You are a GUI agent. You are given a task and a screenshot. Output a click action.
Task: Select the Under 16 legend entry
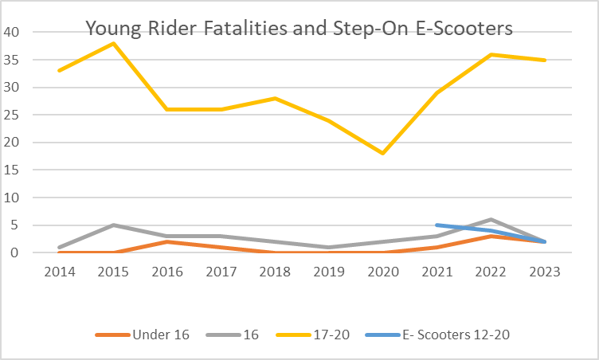[x=143, y=335]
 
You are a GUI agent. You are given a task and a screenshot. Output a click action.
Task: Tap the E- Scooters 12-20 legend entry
[x=437, y=335]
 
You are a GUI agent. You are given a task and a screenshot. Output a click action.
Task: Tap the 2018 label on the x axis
[x=275, y=271]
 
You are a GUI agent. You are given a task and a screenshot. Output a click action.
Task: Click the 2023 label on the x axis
[x=545, y=271]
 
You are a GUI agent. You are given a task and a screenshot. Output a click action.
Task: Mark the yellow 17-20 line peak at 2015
[x=113, y=43]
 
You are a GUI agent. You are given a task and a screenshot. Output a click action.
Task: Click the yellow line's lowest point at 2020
[x=383, y=153]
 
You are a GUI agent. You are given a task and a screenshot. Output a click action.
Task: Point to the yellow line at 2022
[x=491, y=54]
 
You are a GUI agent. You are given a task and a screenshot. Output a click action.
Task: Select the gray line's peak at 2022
[x=491, y=220]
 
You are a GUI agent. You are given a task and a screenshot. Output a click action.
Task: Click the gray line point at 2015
[x=113, y=225]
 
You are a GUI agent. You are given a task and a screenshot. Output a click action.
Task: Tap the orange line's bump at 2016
[x=167, y=241]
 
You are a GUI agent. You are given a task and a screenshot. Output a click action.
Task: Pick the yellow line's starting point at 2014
[x=59, y=71]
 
